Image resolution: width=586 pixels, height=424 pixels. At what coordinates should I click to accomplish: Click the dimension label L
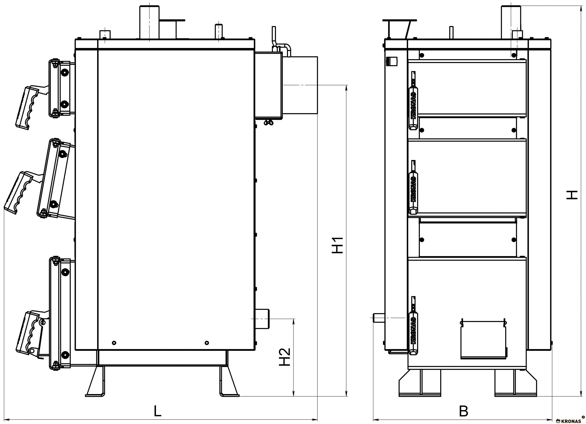pos(158,411)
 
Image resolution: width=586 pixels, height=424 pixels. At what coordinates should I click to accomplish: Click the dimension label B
pos(464,411)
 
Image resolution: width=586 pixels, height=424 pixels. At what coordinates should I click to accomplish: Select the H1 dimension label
pos(337,245)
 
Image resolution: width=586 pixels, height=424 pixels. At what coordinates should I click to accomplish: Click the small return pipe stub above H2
pos(262,319)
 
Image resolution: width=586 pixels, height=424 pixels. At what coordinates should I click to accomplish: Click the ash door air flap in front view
pos(483,340)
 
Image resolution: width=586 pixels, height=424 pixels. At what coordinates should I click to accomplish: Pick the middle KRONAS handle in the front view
pos(413,187)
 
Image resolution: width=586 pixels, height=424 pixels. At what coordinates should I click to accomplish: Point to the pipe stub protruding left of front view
pos(379,318)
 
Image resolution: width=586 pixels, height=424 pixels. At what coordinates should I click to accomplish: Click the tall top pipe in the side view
pos(149,22)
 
